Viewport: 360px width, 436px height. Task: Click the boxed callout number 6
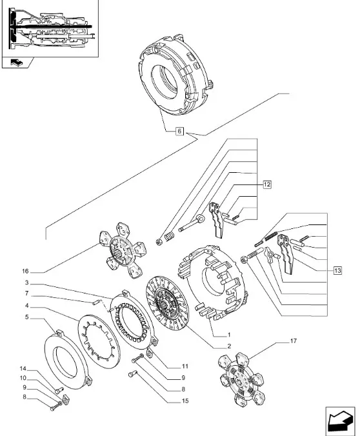tap(179, 131)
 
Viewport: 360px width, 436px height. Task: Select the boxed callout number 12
tap(267, 184)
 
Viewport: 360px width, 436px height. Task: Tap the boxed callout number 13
tap(337, 270)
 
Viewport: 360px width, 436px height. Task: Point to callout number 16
tap(25, 271)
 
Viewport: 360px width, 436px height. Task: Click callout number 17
tap(294, 341)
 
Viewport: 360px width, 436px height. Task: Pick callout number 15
tap(185, 401)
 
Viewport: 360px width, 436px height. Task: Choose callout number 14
tap(23, 369)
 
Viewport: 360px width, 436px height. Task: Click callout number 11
tap(185, 366)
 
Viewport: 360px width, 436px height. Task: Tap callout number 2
tap(229, 346)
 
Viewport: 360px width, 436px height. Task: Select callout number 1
tap(229, 335)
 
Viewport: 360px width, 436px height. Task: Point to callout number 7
tap(26, 293)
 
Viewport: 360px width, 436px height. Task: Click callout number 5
tap(26, 317)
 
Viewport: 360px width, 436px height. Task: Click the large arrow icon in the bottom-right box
tap(340, 420)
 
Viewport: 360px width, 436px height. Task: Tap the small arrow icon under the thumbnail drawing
tap(17, 63)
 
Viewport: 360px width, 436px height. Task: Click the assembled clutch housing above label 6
tap(176, 75)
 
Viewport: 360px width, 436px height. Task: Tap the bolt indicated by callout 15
tap(132, 374)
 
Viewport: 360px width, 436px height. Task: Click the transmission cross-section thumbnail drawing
tap(51, 29)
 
